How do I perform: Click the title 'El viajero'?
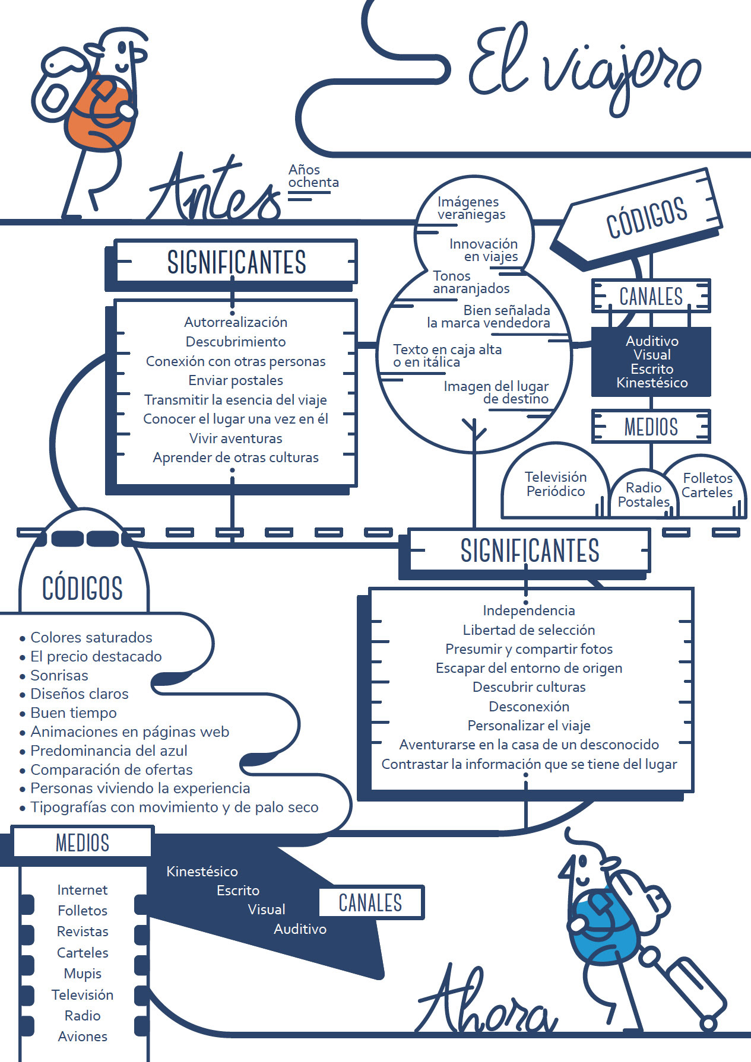pyautogui.click(x=585, y=68)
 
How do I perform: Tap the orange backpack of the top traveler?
pyautogui.click(x=98, y=116)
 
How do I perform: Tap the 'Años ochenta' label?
pyautogui.click(x=313, y=176)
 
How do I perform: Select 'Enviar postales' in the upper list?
pyautogui.click(x=236, y=380)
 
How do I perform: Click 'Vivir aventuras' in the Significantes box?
pyautogui.click(x=236, y=438)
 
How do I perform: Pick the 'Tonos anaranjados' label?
pyautogui.click(x=471, y=282)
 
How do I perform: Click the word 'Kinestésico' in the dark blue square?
pyautogui.click(x=651, y=383)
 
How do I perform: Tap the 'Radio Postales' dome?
pyautogui.click(x=643, y=495)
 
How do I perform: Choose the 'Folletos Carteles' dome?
pyautogui.click(x=706, y=485)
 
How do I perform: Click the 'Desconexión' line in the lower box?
pyautogui.click(x=528, y=707)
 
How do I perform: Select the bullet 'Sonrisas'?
pyautogui.click(x=59, y=675)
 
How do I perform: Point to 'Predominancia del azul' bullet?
pyautogui.click(x=109, y=751)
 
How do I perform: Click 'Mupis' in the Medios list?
pyautogui.click(x=83, y=974)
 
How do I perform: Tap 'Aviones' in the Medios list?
pyautogui.click(x=83, y=1036)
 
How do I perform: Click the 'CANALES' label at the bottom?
pyautogui.click(x=370, y=902)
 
